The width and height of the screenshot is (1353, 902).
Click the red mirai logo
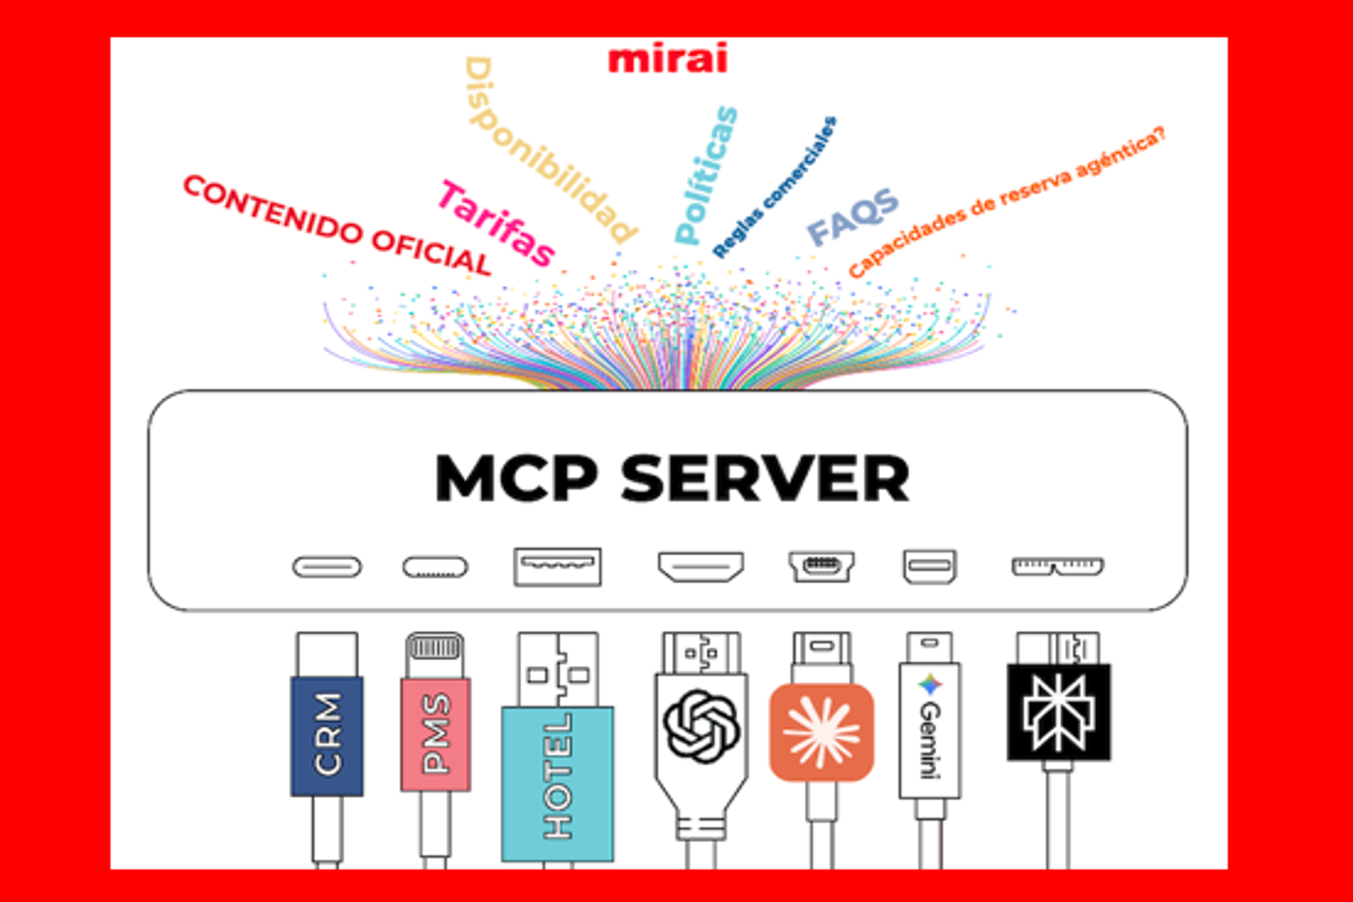pos(667,59)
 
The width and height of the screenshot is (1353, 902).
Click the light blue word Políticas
pos(705,176)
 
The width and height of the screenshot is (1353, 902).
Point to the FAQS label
pos(852,216)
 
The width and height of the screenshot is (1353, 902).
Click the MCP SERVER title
pos(672,478)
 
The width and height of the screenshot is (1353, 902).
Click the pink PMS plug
pos(435,734)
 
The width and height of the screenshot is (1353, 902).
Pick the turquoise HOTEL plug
pos(557,782)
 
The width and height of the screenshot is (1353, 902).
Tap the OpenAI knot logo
pos(701,726)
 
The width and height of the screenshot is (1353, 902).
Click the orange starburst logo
pos(821,732)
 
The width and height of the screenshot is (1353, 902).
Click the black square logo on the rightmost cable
pos(1058,712)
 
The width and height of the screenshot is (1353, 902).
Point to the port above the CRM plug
pos(327,567)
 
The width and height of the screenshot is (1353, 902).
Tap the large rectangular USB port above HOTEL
pos(557,567)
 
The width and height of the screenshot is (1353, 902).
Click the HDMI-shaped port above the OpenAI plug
pos(700,567)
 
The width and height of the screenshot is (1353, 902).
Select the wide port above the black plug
pos(1058,567)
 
